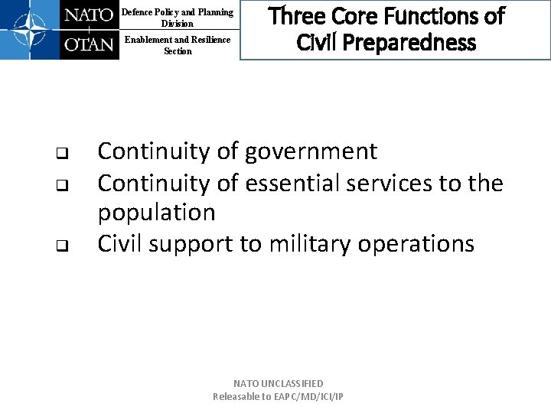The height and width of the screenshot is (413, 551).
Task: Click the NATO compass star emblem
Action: click(29, 30)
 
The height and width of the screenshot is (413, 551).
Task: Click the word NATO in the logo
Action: click(89, 15)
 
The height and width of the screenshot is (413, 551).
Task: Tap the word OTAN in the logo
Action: click(89, 44)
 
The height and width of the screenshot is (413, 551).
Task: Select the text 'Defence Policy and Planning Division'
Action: click(178, 18)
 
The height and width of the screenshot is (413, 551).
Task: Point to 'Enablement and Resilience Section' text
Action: click(178, 45)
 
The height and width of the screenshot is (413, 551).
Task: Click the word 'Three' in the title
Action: click(297, 16)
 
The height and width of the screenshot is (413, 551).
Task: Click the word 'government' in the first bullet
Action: click(311, 152)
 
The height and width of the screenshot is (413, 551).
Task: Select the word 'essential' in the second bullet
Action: click(293, 184)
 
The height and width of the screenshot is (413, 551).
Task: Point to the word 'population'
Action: click(156, 213)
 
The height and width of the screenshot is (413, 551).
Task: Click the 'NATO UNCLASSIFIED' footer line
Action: click(279, 383)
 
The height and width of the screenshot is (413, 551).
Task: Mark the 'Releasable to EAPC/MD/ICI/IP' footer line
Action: click(279, 396)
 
